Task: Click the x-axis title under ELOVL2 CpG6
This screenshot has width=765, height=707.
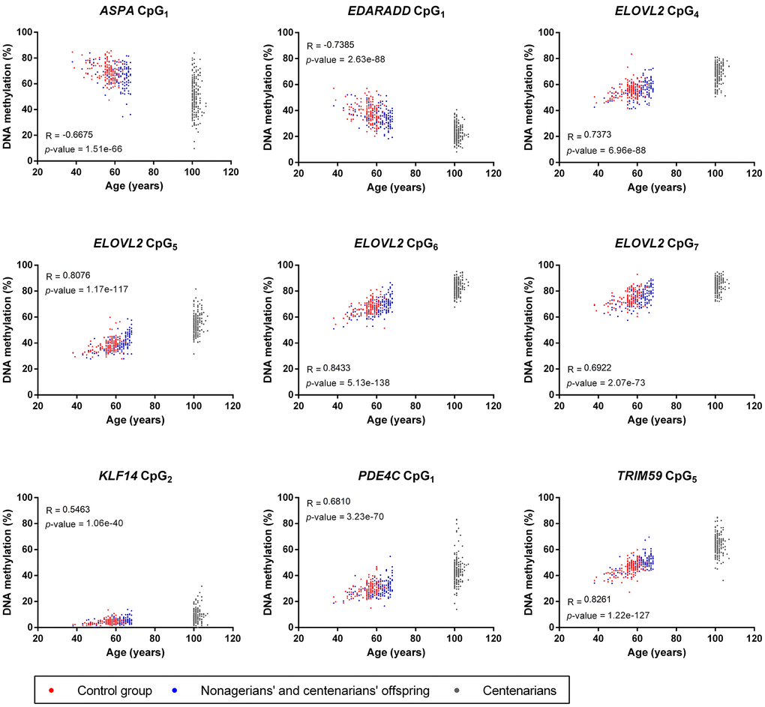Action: (395, 420)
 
